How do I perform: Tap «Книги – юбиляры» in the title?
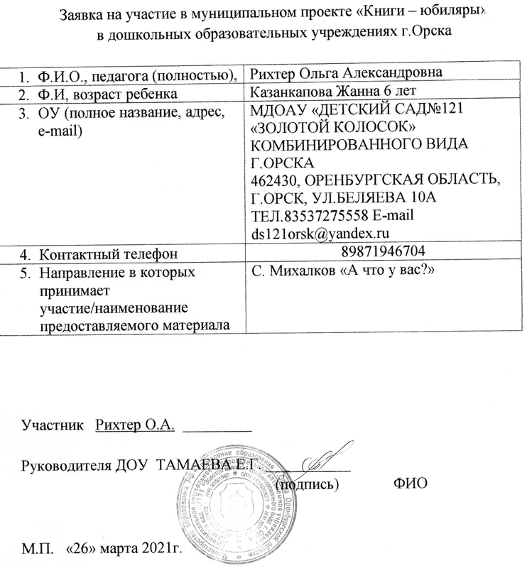422,16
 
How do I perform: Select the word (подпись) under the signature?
307,484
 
